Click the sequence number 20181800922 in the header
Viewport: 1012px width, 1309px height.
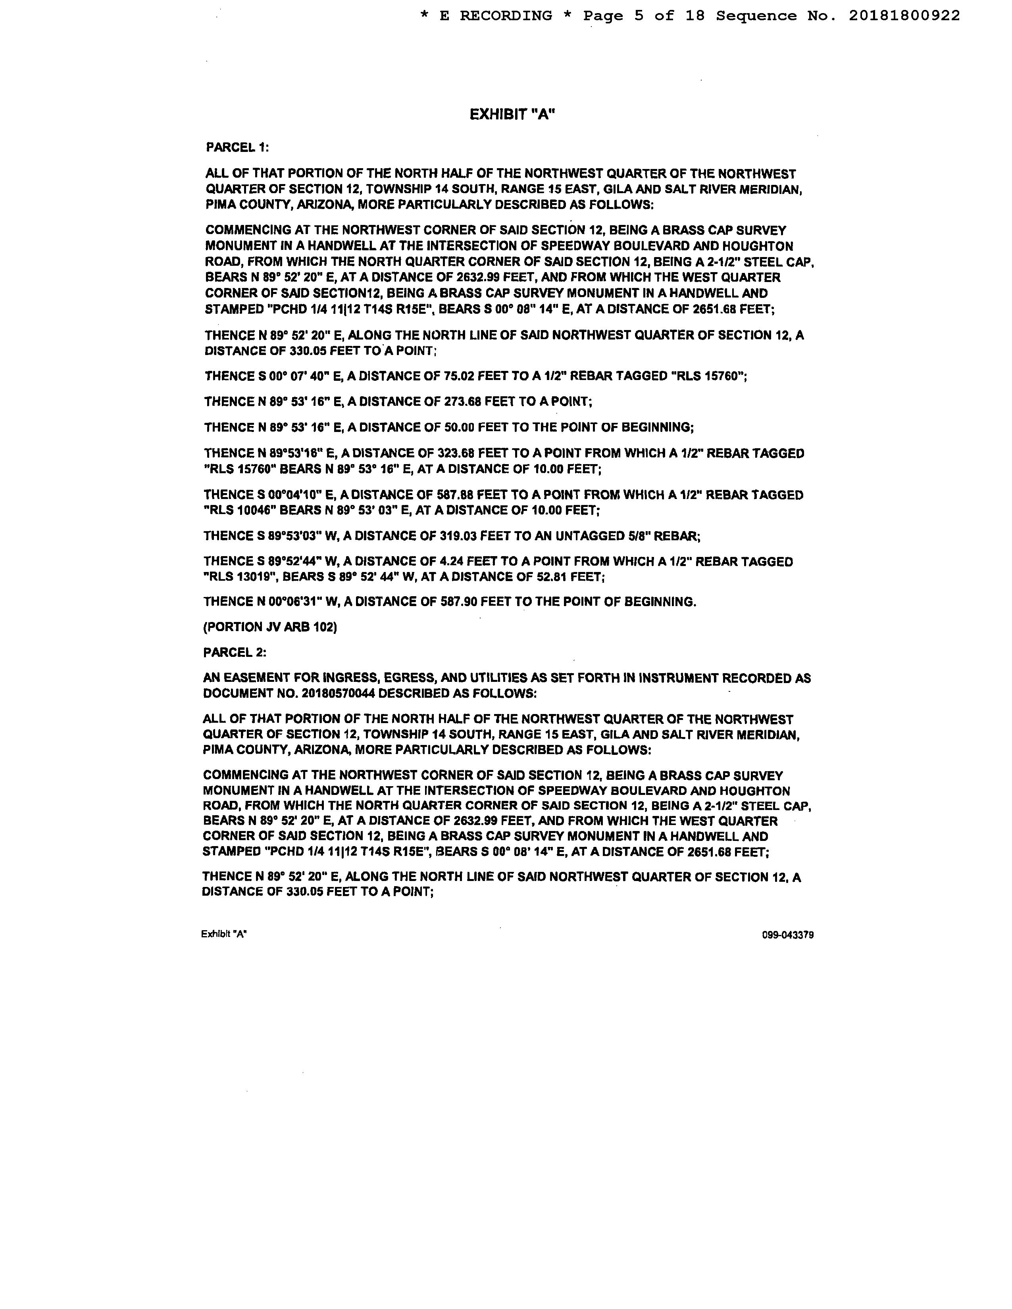904,16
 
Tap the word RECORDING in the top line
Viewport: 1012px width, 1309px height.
505,16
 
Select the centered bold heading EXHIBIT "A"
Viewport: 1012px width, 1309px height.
512,115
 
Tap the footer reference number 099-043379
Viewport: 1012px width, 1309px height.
788,935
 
